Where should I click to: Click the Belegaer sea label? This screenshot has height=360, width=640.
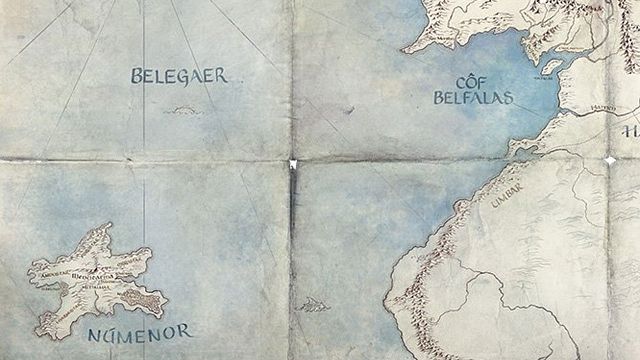pos(180,75)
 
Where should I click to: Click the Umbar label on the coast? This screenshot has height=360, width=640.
pos(507,194)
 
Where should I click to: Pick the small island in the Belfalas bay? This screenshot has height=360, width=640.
pos(551,66)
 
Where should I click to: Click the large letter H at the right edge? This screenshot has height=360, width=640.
pos(630,130)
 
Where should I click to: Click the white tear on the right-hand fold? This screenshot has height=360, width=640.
pos(610,160)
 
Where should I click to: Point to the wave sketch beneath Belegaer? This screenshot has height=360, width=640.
pos(182,110)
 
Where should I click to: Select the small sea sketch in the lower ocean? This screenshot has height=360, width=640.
pos(312,304)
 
